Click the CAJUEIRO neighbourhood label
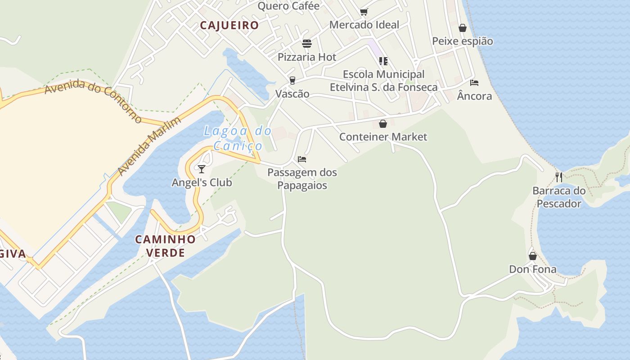[229, 25]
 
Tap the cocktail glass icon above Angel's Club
[202, 169]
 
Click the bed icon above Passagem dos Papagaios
[302, 159]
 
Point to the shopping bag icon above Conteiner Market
[383, 124]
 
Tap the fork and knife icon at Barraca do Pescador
[559, 177]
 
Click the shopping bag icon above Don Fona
[533, 256]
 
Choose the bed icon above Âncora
[474, 83]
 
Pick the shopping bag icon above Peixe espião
[463, 28]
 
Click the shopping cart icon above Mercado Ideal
[364, 12]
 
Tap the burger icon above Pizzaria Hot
[307, 44]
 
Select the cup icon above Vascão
[292, 81]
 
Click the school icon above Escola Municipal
[383, 61]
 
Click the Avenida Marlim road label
[149, 146]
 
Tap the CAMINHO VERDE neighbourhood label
[166, 246]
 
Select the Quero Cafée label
[288, 6]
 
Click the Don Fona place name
[533, 270]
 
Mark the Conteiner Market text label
[383, 137]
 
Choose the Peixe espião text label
[463, 41]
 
